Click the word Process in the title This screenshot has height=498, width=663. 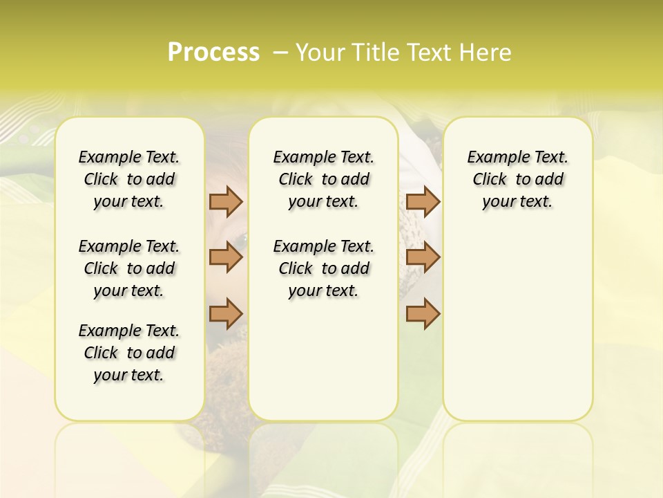(213, 53)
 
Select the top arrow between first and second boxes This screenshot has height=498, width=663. (226, 202)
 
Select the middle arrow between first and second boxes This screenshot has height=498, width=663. (226, 258)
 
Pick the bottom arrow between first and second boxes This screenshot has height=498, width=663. (226, 313)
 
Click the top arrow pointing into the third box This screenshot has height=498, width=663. (423, 202)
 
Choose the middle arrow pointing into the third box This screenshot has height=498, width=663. (423, 258)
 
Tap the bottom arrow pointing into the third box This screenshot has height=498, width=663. (423, 313)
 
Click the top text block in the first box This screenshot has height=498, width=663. (129, 179)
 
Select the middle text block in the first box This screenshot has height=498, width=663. (129, 268)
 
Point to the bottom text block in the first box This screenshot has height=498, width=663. (129, 353)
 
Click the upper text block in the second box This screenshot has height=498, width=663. (323, 179)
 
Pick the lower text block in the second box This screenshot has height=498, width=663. (323, 268)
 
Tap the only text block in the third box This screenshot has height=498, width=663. (517, 179)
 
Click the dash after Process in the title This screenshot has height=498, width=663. (280, 53)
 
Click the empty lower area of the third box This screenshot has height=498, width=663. (517, 332)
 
